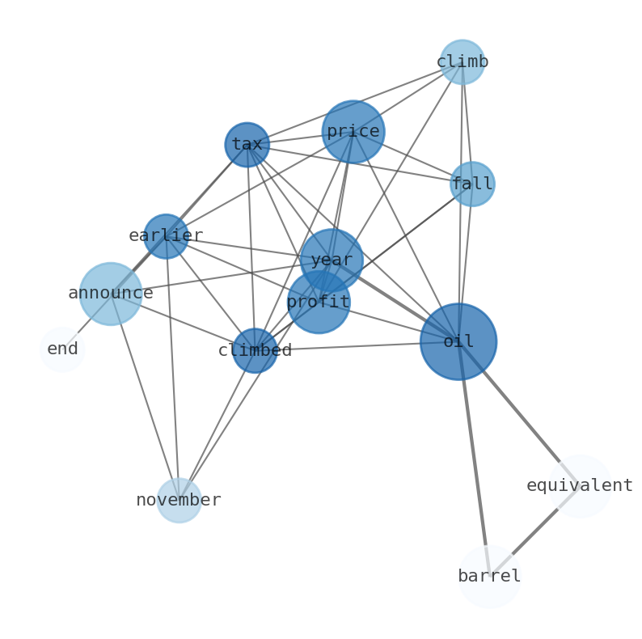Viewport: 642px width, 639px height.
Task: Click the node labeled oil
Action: coord(458,341)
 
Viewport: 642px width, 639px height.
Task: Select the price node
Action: coord(353,132)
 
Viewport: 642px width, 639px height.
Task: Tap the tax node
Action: coord(247,145)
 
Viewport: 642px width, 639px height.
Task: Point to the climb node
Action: coord(462,62)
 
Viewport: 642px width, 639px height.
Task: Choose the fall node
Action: coord(472,184)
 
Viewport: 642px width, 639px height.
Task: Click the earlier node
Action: coord(166,236)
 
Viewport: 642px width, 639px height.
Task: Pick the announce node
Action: coord(111,294)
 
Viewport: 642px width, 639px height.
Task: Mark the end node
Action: coord(62,349)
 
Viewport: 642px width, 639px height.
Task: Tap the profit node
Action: coord(319,303)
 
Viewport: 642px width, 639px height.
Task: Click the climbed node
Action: coord(256,351)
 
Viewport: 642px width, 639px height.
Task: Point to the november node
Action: coord(179,501)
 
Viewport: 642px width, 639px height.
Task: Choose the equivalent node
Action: coord(580,486)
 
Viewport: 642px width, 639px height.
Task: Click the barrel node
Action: coord(489,577)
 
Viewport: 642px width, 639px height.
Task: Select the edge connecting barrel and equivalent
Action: coord(535,531)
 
